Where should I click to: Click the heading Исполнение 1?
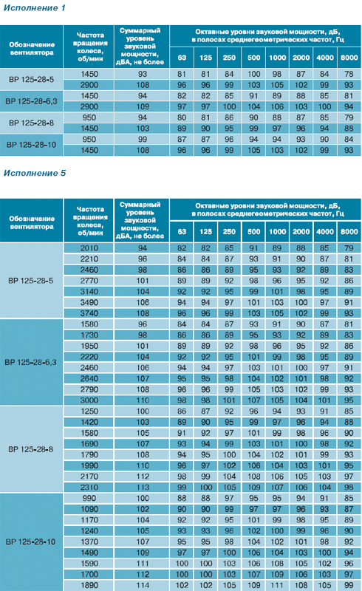[34, 8]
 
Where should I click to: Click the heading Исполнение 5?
[35, 173]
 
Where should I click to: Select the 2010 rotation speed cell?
[89, 248]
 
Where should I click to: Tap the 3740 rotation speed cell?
[89, 313]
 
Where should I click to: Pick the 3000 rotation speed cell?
[89, 400]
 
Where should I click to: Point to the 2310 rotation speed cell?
[89, 488]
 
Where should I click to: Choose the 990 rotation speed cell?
[89, 498]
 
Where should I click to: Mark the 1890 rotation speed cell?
[89, 585]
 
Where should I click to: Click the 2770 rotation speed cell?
[89, 281]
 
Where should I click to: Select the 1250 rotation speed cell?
[89, 411]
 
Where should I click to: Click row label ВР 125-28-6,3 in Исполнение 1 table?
[31, 101]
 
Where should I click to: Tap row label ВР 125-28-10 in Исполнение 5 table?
[31, 542]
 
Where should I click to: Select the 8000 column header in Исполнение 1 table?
[349, 58]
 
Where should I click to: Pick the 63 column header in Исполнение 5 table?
[182, 231]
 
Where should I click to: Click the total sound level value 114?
[143, 585]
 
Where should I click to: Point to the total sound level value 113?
[143, 488]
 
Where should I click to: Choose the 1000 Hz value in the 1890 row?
[277, 585]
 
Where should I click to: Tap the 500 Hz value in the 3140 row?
[254, 292]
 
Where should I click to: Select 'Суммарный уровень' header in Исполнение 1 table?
[140, 35]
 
